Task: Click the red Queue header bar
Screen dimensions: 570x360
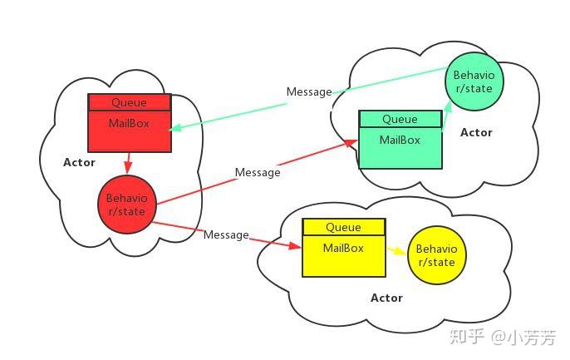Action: point(130,102)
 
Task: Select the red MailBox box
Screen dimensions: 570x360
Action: point(130,131)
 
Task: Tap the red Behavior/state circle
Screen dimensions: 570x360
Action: point(127,205)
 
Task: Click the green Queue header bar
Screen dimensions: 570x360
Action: point(400,119)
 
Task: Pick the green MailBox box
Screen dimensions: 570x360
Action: point(400,148)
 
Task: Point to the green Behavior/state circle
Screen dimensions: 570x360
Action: point(474,81)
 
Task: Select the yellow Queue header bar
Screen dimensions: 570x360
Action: point(344,227)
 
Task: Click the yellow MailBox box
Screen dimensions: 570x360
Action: point(344,256)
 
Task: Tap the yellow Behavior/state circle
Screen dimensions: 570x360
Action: point(436,255)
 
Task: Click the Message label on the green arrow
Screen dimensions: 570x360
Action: point(309,91)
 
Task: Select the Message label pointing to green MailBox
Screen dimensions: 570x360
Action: point(258,172)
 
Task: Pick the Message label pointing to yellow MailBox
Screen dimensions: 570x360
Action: point(226,235)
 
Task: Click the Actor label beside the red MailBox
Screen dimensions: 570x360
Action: point(79,162)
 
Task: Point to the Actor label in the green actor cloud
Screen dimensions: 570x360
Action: point(476,132)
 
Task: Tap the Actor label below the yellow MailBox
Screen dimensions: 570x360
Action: point(386,298)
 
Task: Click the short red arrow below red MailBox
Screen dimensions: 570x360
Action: point(128,163)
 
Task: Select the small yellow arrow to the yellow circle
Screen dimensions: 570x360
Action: point(396,250)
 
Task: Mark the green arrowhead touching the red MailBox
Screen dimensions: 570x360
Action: point(174,128)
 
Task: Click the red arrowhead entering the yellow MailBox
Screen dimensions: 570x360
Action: point(295,246)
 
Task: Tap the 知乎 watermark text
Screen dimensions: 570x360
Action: point(467,337)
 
